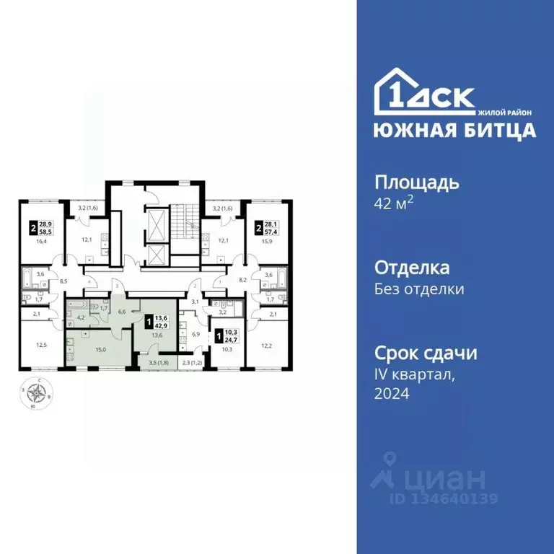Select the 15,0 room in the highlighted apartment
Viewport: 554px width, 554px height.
click(100, 350)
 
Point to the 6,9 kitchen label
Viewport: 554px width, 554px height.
click(195, 335)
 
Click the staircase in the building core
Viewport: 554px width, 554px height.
click(188, 220)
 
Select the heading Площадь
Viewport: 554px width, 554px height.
click(417, 182)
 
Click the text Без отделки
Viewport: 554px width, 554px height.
click(418, 289)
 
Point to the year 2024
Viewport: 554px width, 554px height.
click(392, 394)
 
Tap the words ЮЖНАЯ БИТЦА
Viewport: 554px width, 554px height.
click(454, 131)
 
